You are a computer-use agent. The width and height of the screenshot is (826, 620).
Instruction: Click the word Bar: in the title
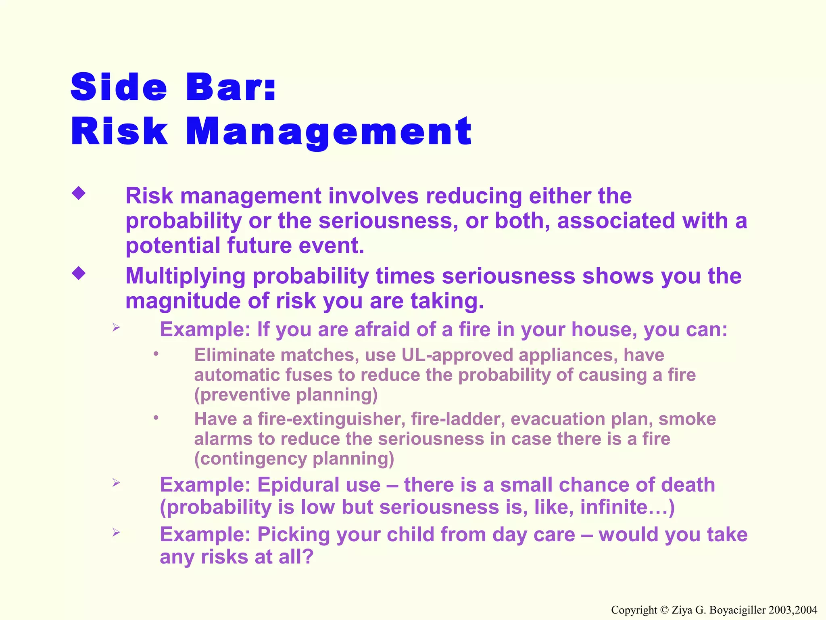(x=231, y=87)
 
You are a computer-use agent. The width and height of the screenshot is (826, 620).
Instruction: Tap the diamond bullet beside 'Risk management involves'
(x=79, y=193)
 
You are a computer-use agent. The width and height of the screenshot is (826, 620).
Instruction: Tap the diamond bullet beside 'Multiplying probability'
(x=79, y=274)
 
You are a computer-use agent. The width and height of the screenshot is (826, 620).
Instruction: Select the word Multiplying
(x=186, y=276)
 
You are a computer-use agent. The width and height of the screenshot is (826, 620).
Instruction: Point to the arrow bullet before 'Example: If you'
(x=116, y=327)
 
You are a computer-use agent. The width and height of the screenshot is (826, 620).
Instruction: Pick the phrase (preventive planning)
(x=286, y=395)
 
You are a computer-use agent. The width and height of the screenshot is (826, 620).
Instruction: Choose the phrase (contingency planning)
(x=294, y=459)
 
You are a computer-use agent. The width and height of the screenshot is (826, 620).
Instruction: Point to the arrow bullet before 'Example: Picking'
(x=116, y=532)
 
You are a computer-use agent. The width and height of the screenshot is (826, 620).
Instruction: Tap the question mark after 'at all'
(x=308, y=557)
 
